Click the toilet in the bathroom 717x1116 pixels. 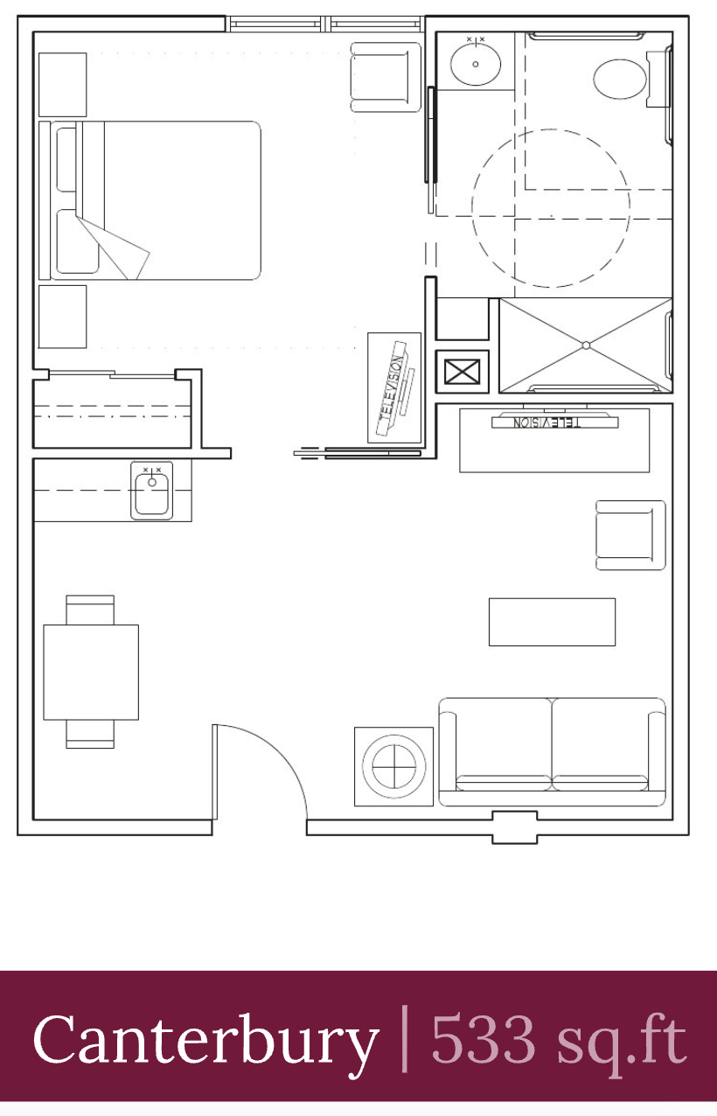(x=629, y=79)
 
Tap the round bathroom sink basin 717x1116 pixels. (x=476, y=64)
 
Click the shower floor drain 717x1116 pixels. (x=586, y=345)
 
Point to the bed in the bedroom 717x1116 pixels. (x=150, y=200)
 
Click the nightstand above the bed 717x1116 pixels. (x=63, y=85)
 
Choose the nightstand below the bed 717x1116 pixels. (x=63, y=317)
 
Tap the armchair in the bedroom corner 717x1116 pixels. (x=386, y=77)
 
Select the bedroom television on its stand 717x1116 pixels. (x=395, y=387)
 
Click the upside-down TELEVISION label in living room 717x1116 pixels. (x=546, y=422)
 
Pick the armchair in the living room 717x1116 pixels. (x=630, y=535)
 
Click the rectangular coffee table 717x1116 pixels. (x=552, y=622)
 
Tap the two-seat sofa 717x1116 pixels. (x=552, y=752)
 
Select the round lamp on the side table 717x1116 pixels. (x=394, y=766)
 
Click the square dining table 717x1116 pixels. (x=91, y=672)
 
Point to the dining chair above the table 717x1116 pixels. (x=90, y=610)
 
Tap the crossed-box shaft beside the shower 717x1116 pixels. (x=462, y=372)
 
